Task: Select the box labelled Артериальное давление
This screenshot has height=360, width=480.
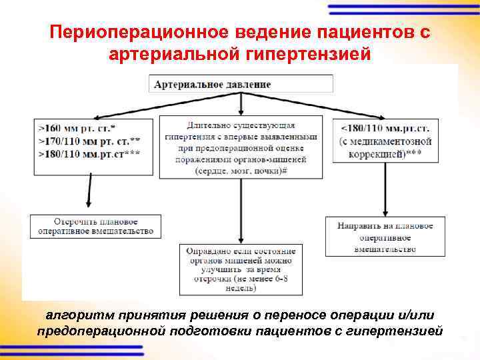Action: pyautogui.click(x=241, y=84)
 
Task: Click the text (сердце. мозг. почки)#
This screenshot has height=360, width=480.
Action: pyautogui.click(x=241, y=171)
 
